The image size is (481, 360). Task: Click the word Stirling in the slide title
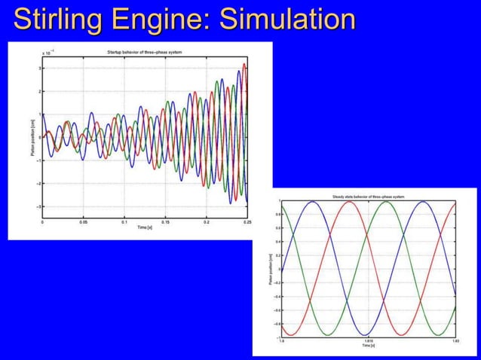coord(54,20)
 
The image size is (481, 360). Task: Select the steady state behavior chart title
coord(369,197)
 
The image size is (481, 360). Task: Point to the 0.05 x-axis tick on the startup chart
coord(84,223)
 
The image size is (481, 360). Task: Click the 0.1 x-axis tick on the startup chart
coord(124,223)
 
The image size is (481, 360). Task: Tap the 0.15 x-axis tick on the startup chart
coord(165,223)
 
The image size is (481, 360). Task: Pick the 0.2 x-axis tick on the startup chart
coord(207,223)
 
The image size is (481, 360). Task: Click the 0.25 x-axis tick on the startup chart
coord(247,223)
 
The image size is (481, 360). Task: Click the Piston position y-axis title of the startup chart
coord(32,136)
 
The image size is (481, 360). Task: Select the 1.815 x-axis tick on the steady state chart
coord(368,341)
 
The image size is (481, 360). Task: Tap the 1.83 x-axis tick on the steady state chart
coord(455,341)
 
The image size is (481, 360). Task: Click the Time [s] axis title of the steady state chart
coord(368,346)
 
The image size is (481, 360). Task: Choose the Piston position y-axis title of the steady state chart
coord(270,269)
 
